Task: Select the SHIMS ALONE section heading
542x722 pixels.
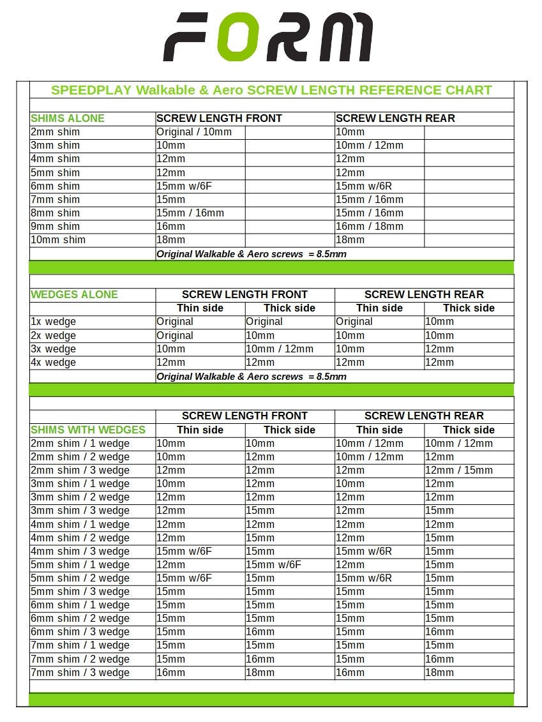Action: pos(67,118)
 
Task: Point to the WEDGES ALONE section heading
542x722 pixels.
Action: pos(74,294)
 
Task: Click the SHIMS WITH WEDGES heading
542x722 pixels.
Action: pos(88,430)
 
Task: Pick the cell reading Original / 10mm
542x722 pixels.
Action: pos(194,132)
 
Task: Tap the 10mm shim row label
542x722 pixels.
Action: pos(58,240)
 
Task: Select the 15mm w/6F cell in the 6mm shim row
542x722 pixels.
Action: pos(184,186)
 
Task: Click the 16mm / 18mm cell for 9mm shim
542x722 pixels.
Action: pos(370,227)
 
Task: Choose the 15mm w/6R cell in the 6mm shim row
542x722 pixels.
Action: pos(364,186)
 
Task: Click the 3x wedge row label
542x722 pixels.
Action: pos(53,349)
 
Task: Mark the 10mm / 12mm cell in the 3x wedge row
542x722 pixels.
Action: pos(280,349)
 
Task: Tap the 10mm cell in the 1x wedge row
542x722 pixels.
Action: pos(440,322)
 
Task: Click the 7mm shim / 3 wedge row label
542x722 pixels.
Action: pos(80,673)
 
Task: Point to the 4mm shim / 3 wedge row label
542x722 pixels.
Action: pos(80,552)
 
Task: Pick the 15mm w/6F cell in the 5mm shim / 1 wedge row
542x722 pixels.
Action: pos(274,565)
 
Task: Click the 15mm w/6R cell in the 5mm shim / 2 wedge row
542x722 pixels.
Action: pos(364,578)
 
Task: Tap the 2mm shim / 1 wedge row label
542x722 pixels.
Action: pos(80,444)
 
